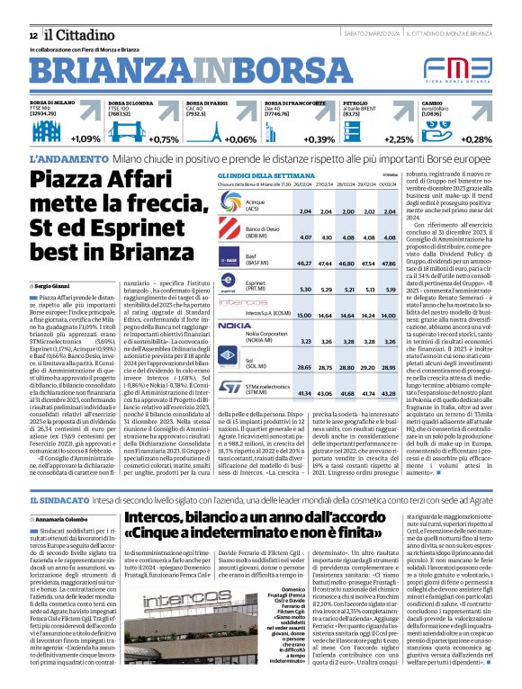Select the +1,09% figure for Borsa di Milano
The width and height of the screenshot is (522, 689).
[x=85, y=139]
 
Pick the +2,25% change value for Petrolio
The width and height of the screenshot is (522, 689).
[x=399, y=139]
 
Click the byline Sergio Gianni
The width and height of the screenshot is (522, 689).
[x=50, y=284]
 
